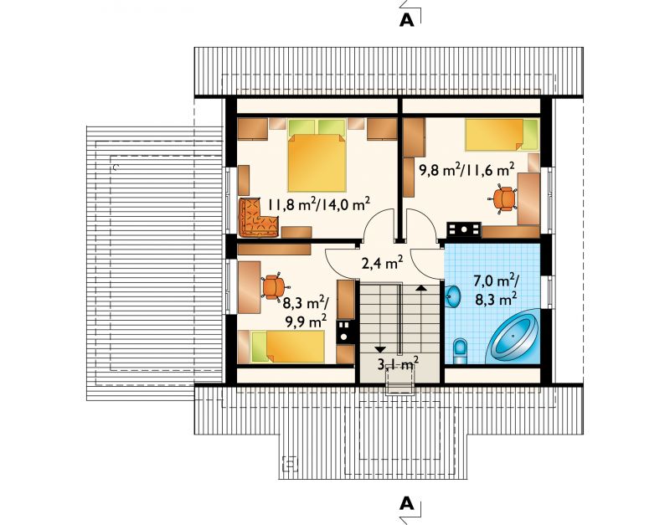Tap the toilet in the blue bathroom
click(460, 350)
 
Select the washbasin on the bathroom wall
click(453, 296)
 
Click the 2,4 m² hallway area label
click(383, 263)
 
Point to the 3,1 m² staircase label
click(398, 363)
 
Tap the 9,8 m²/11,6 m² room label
click(466, 170)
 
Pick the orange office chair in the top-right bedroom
click(503, 198)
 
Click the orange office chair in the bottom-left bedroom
click(274, 286)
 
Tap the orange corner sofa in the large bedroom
click(258, 218)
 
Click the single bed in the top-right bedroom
click(502, 135)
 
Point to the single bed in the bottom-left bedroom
click(287, 347)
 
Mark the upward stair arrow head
click(421, 288)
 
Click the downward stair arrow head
click(380, 349)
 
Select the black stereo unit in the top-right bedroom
click(464, 229)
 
